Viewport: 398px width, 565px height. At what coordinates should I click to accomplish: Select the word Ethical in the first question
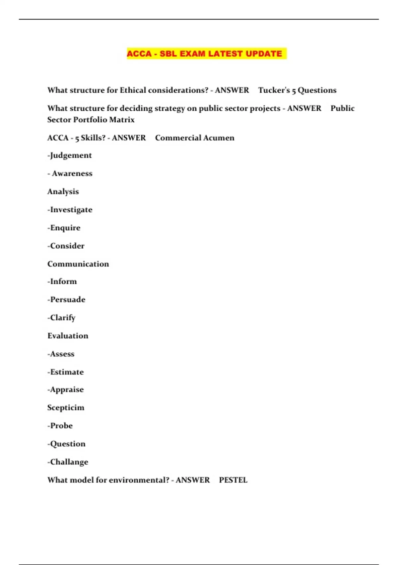133,90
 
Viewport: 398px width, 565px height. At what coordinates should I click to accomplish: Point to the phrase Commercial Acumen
194,138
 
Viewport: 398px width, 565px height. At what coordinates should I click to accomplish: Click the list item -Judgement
70,156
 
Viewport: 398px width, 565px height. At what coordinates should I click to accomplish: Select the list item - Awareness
70,173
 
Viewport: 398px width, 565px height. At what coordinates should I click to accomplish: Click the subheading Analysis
63,192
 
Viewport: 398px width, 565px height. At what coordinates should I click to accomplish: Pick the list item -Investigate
70,210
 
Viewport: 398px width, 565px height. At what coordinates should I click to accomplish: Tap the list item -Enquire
64,228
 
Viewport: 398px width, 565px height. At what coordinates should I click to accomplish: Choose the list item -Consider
66,246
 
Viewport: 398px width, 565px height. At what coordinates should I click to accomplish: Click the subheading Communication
78,264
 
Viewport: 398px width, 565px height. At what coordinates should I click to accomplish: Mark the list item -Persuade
66,299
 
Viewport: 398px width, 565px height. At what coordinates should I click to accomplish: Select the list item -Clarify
62,318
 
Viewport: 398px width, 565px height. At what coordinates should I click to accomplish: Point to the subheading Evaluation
68,336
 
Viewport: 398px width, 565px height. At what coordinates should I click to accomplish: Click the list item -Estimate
66,372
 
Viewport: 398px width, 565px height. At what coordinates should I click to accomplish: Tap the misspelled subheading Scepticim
66,407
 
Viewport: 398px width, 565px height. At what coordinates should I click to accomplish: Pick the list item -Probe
60,426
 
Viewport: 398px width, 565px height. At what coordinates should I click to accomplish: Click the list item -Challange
68,462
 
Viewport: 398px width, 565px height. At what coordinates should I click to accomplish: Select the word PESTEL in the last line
233,480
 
